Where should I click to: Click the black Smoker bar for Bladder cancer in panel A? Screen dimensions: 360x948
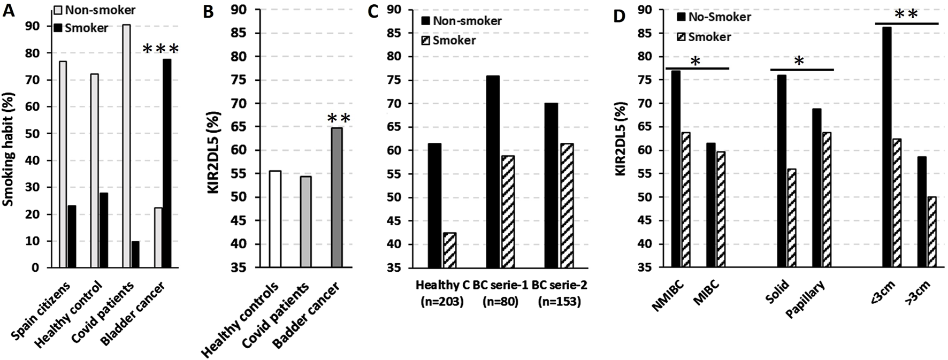point(167,163)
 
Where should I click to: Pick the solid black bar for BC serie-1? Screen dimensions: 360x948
point(493,171)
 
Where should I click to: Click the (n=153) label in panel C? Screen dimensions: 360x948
point(560,302)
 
